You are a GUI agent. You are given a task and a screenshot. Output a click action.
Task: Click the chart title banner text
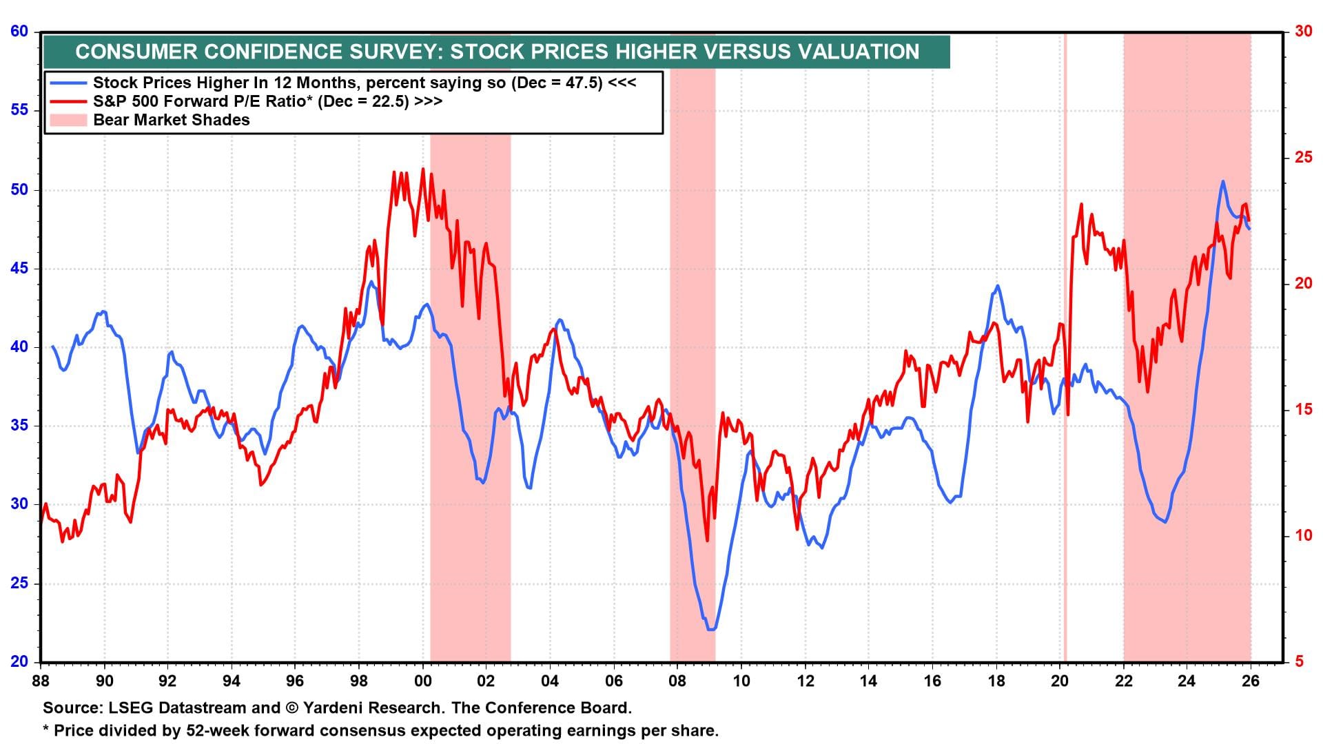click(496, 52)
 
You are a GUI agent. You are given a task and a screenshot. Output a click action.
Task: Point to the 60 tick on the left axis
click(19, 31)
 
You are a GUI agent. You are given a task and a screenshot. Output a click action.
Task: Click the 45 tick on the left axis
click(19, 268)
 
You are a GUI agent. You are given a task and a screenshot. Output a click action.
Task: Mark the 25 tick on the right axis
click(1302, 157)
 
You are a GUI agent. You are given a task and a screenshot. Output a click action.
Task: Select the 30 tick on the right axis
click(1302, 31)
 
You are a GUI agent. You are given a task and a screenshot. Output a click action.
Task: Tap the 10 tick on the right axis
click(1302, 535)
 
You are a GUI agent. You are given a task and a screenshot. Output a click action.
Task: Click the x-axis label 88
click(41, 681)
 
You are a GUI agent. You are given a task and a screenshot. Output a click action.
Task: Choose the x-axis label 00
click(422, 681)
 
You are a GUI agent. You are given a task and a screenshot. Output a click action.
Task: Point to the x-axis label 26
click(1250, 681)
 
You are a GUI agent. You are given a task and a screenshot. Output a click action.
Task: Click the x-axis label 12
click(805, 681)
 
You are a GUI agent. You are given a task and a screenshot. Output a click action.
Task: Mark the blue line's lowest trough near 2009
click(710, 628)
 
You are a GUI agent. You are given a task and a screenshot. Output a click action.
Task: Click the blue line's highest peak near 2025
click(1222, 181)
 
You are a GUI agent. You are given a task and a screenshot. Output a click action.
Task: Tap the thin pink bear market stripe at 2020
click(1065, 344)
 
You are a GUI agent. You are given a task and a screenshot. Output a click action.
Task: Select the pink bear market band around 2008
click(693, 344)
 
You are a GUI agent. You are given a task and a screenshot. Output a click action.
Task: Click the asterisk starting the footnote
click(46, 729)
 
